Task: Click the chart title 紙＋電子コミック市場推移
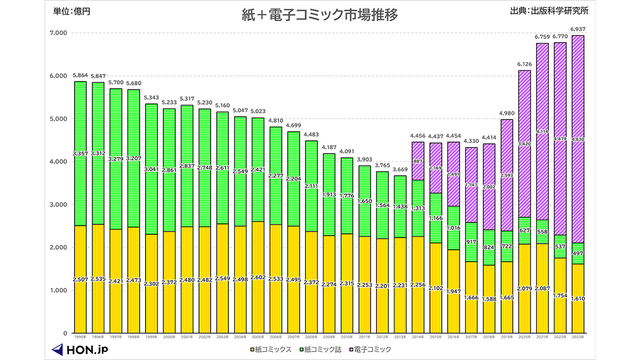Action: tap(320, 15)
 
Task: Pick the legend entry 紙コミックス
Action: tap(273, 349)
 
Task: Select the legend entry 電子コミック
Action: tap(369, 349)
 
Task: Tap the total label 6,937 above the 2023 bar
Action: tap(577, 29)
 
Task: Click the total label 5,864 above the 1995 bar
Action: tap(80, 75)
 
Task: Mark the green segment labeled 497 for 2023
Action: tap(577, 254)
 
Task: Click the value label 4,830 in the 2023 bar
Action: tap(577, 139)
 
